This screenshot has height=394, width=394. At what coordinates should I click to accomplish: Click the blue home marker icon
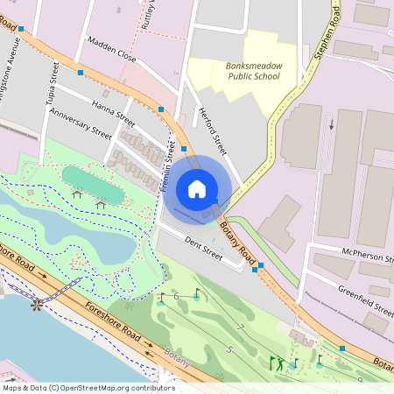[197, 188]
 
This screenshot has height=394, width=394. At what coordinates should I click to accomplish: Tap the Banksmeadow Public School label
[252, 71]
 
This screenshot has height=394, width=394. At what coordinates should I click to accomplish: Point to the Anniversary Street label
[81, 123]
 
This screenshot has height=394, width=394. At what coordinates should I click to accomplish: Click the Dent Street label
[204, 245]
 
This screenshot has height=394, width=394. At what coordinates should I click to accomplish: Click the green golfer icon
[277, 363]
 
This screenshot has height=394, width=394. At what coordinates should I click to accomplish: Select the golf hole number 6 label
[177, 297]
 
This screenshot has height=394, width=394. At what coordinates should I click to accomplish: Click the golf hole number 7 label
[240, 327]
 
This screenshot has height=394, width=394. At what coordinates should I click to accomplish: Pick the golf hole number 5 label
[229, 348]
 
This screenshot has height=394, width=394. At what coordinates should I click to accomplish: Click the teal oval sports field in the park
[92, 183]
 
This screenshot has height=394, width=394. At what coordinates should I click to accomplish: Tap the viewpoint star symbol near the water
[37, 306]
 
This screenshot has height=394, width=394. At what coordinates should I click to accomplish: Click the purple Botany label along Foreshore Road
[176, 355]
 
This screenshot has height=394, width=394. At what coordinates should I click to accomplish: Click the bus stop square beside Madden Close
[81, 72]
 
